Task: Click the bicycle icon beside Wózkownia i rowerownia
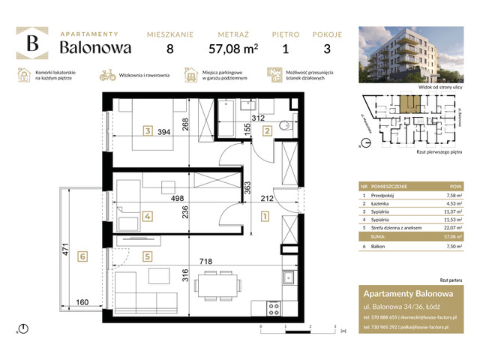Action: (106, 75)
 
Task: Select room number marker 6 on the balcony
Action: (83, 256)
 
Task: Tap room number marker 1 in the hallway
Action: (265, 219)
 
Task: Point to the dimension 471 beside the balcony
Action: (67, 249)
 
